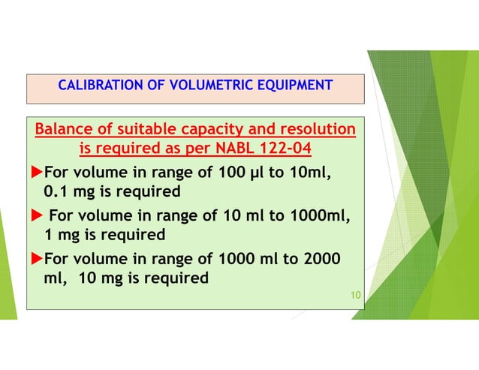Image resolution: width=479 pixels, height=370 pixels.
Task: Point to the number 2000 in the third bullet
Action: tap(320, 260)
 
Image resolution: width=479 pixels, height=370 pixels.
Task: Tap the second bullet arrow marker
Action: tap(35, 217)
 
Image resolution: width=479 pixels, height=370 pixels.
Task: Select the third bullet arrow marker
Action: tap(35, 260)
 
